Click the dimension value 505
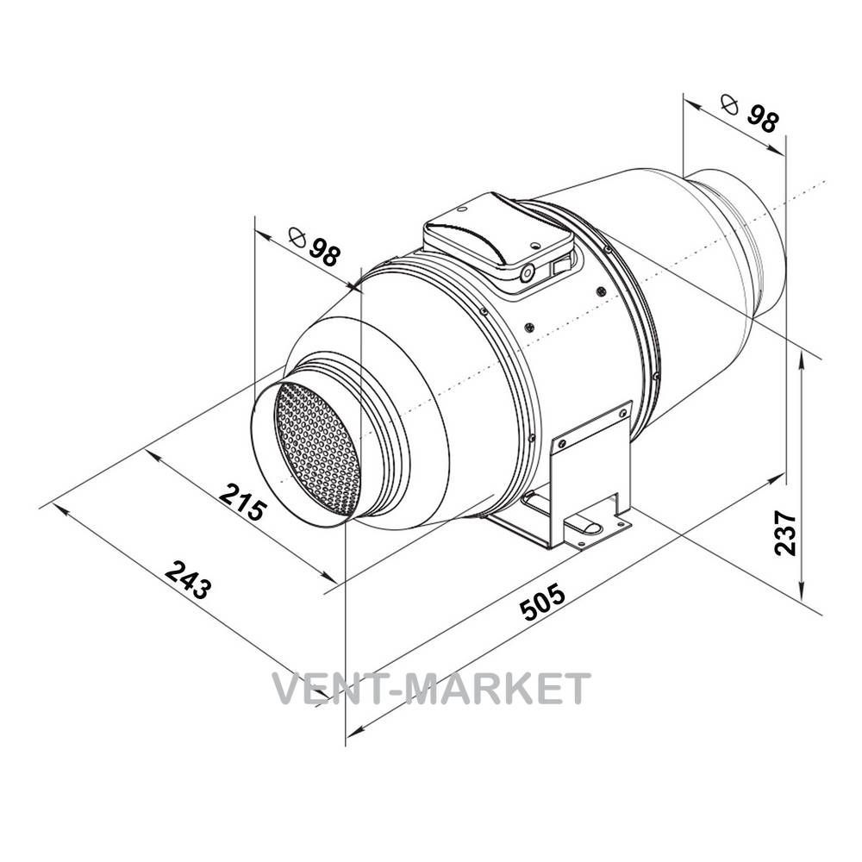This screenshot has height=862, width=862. [x=542, y=603]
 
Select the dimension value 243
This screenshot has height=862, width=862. [x=188, y=580]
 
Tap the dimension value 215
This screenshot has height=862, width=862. [x=242, y=502]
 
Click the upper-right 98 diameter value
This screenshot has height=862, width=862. [x=763, y=119]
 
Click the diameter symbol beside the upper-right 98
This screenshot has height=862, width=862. [x=729, y=103]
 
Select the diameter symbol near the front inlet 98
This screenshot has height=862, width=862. [x=297, y=237]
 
